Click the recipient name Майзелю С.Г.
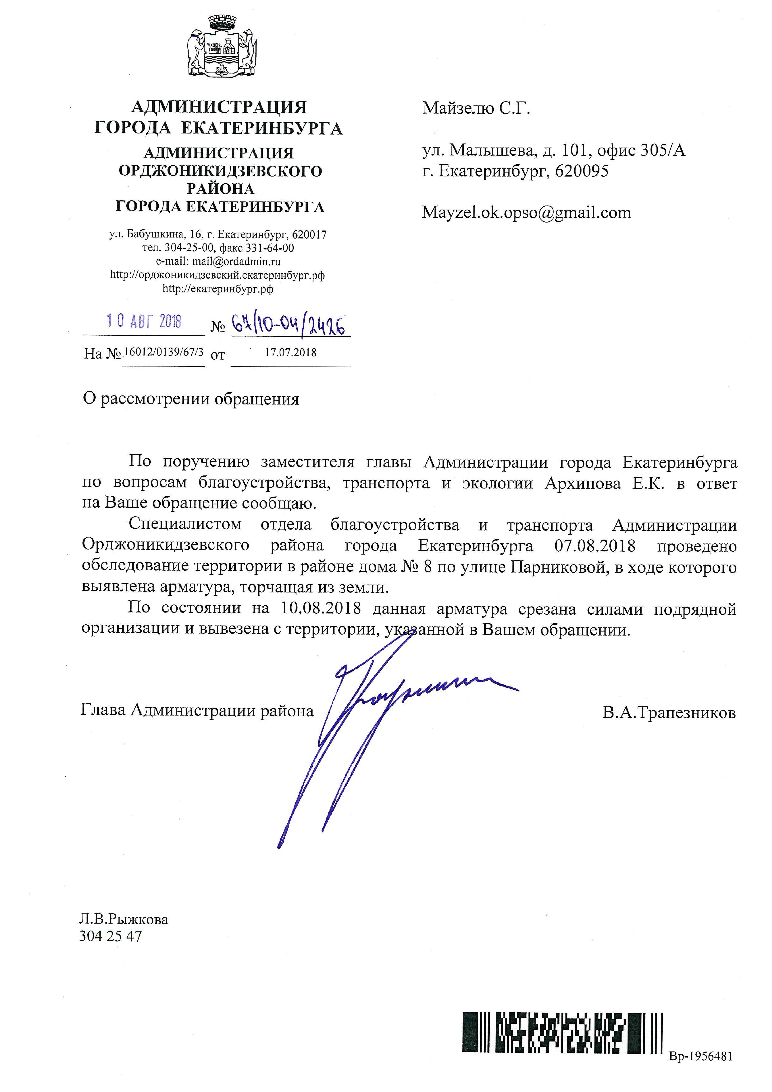tap(476, 109)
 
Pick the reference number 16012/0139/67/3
tap(163, 352)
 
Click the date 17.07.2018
tap(290, 352)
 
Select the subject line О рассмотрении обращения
tap(191, 399)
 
